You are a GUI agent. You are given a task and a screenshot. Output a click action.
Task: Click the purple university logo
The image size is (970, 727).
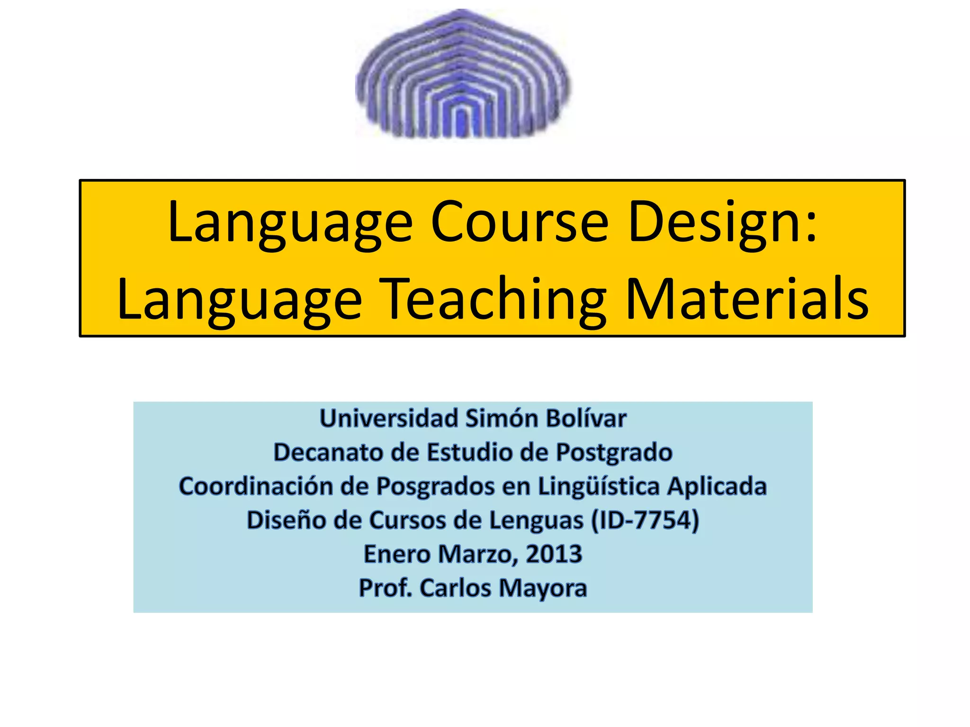pos(463,75)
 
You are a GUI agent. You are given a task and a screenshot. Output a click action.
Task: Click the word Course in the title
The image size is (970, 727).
pos(519,222)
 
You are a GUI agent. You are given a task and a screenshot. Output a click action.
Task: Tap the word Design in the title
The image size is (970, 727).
pos(722,222)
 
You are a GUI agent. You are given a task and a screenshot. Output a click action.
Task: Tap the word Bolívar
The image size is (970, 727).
pos(586,418)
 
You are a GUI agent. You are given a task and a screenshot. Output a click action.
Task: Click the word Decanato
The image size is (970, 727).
pos(328,452)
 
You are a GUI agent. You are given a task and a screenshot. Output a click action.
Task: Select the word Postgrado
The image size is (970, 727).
pos(614,452)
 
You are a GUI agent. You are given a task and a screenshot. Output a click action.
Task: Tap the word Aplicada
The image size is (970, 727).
pos(717,486)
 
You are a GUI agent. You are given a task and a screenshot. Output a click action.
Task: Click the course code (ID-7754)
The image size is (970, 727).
pos(645,520)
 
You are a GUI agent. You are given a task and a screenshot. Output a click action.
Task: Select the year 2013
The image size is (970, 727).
pos(554,554)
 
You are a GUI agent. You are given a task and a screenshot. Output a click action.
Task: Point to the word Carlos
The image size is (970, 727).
pos(455,588)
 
